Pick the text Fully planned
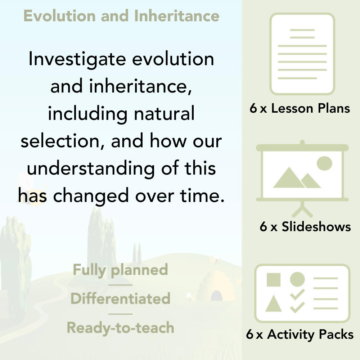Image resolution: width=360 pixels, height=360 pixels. click(120, 270)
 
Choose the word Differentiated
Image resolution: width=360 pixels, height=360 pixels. click(120, 299)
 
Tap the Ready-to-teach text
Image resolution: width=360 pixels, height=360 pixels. click(120, 328)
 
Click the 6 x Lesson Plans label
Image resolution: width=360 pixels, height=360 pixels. click(300, 108)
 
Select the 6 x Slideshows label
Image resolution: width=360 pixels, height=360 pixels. click(305, 227)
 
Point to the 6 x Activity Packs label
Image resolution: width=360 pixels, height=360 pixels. click(300, 335)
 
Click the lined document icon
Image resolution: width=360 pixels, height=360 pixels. click(302, 54)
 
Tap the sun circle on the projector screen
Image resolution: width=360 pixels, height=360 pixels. click(324, 163)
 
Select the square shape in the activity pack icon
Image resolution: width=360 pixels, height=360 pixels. click(274, 280)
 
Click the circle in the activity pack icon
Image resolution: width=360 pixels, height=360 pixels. click(297, 279)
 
